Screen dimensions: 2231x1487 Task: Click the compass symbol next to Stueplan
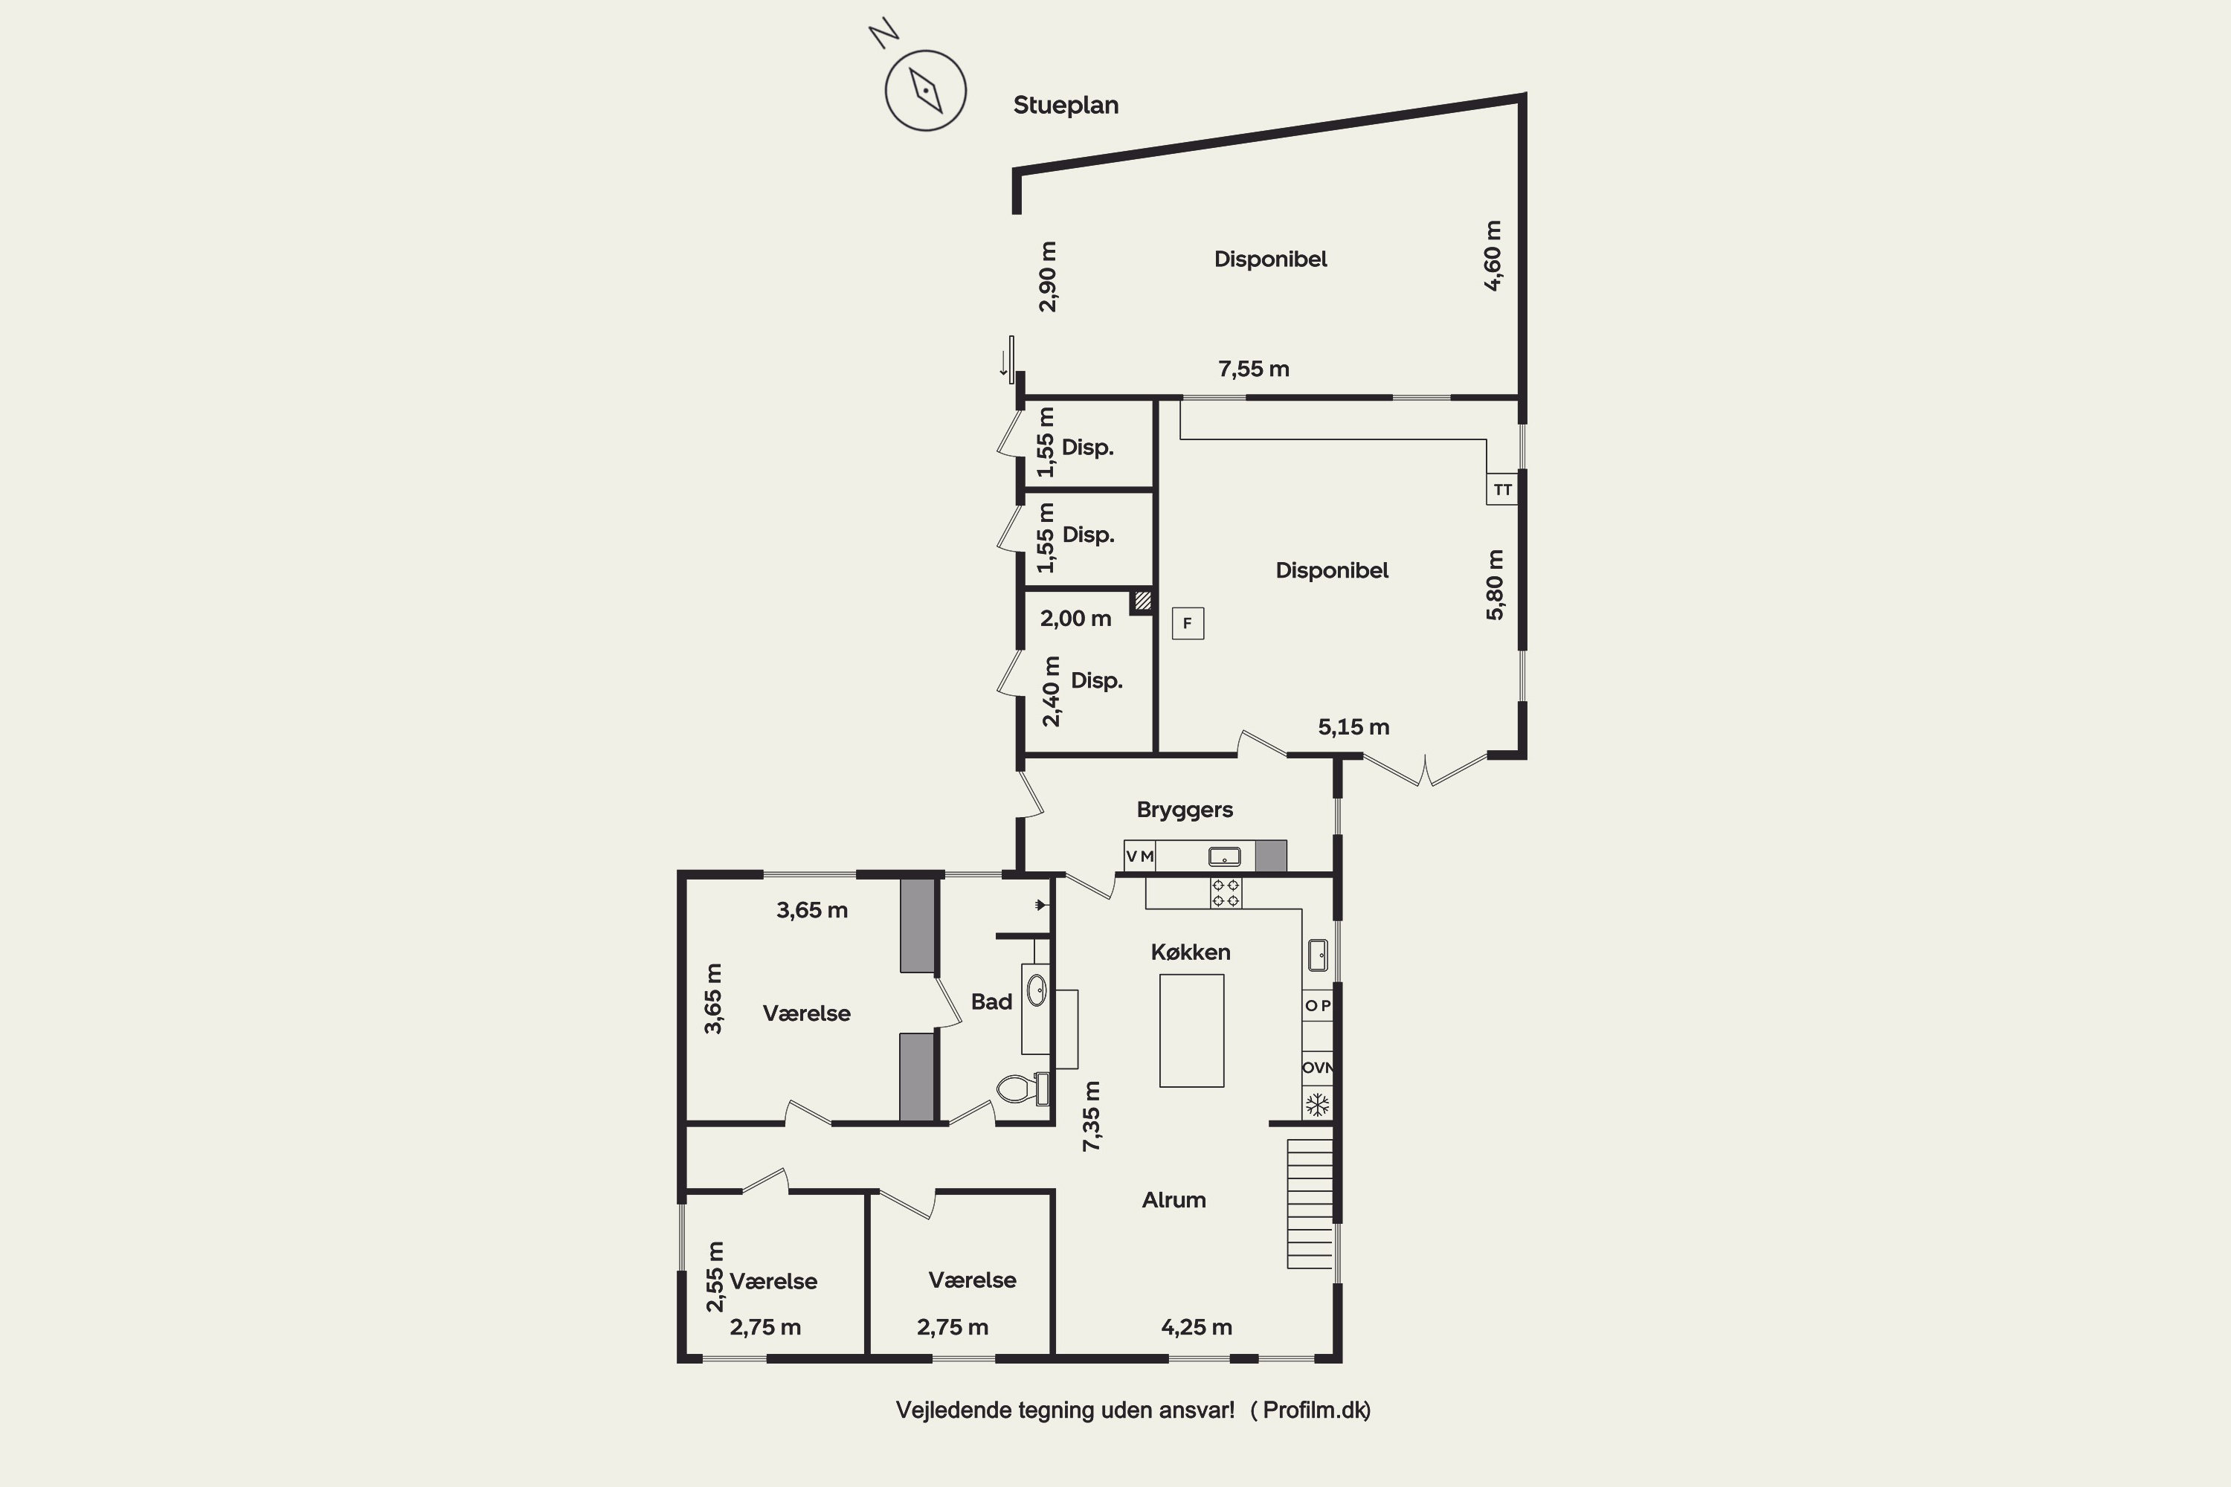click(x=925, y=90)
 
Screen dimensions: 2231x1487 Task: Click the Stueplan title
click(x=1065, y=106)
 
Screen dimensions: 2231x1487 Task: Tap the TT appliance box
click(x=1501, y=488)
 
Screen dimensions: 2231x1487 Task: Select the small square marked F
click(x=1188, y=623)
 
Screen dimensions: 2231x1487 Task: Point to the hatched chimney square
click(x=1142, y=600)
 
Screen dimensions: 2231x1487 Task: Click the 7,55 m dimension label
click(x=1253, y=369)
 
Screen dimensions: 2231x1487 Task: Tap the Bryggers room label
click(x=1185, y=809)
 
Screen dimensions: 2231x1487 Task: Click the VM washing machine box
click(x=1139, y=856)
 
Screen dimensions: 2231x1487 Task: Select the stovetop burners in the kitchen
click(x=1226, y=892)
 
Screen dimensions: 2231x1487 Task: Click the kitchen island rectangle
click(x=1191, y=1030)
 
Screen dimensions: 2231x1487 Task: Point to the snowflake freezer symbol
click(x=1316, y=1105)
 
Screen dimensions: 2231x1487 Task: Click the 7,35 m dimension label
click(x=1092, y=1116)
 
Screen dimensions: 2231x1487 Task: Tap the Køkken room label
click(x=1191, y=952)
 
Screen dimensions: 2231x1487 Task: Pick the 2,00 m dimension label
click(x=1075, y=619)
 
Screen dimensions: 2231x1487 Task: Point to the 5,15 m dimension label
click(x=1353, y=727)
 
